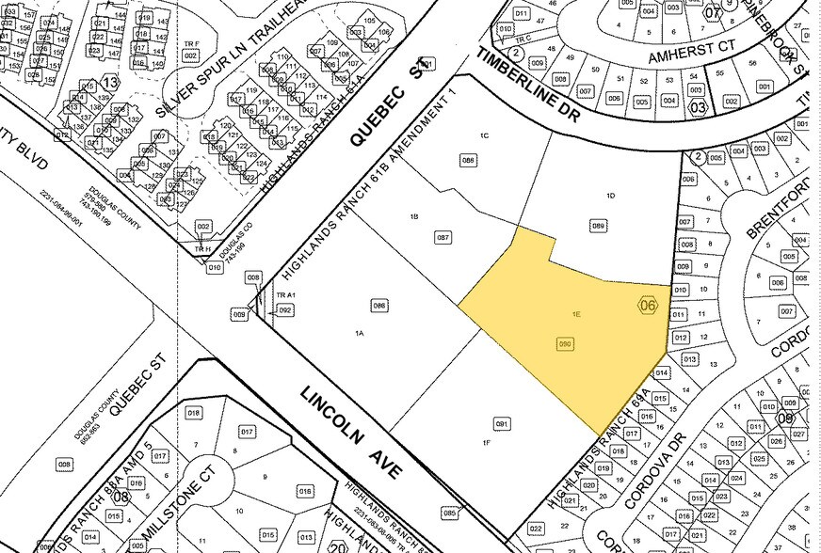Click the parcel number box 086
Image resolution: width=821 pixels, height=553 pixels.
tap(380, 305)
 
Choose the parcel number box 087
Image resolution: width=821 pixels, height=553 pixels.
tap(444, 238)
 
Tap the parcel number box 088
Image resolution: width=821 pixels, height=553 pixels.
tap(467, 160)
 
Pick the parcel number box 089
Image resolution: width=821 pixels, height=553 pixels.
tap(597, 226)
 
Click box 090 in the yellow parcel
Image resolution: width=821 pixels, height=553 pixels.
tap(566, 344)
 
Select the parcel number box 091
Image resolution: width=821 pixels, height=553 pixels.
tap(502, 424)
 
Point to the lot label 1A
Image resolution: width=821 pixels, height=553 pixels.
tap(360, 334)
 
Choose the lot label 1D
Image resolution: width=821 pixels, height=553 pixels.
tap(610, 196)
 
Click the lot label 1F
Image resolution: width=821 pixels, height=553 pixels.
tap(487, 442)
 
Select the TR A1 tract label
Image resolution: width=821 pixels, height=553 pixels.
tap(285, 295)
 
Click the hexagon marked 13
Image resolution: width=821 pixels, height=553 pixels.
tap(111, 84)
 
